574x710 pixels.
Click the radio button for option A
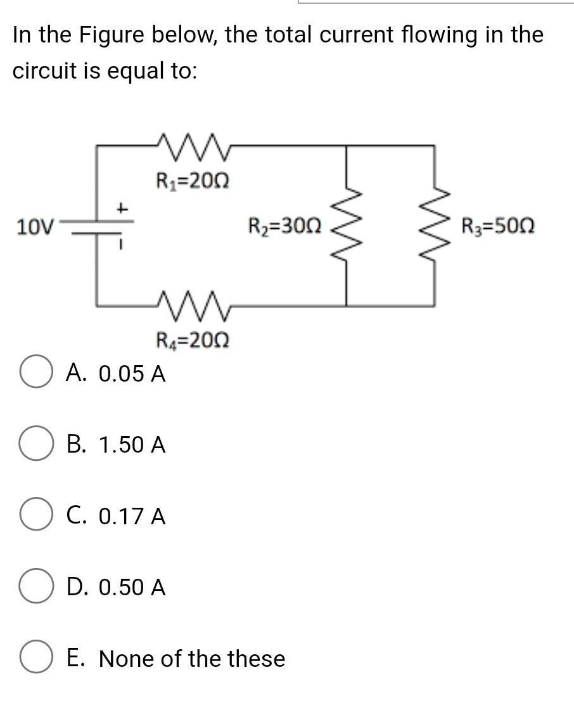point(35,373)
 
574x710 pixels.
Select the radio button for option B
point(35,445)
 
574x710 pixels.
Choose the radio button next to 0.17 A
point(35,517)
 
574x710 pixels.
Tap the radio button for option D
point(35,588)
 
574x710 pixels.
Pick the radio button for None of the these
point(35,659)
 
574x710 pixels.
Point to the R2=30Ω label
point(284,225)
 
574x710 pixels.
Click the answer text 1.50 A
point(132,445)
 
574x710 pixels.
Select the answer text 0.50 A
point(132,588)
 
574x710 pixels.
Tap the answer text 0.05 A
point(132,374)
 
